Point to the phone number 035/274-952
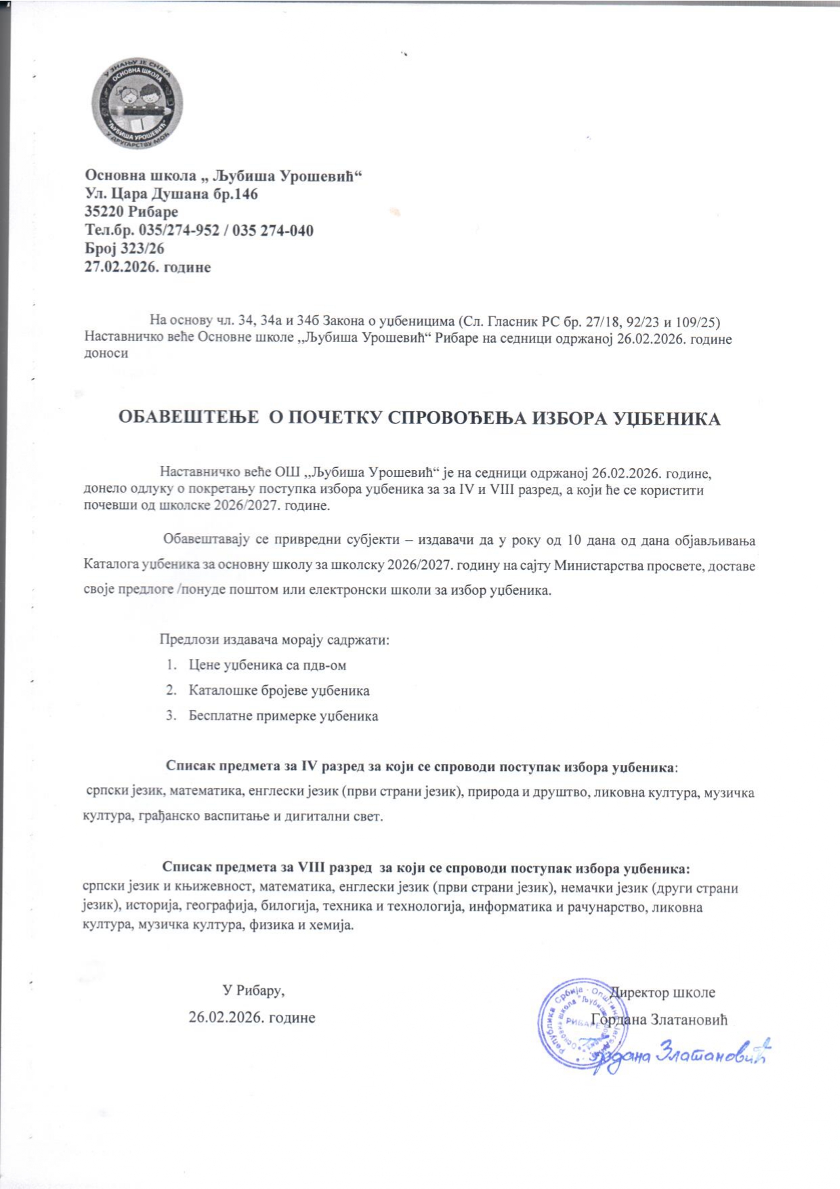tap(179, 230)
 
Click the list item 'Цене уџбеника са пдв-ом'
tap(268, 665)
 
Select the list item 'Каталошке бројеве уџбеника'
tap(279, 691)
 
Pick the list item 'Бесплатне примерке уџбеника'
tap(283, 716)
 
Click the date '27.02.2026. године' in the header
tap(147, 267)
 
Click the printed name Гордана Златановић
tap(660, 1019)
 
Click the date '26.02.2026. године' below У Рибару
tap(252, 1018)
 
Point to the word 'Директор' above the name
tap(640, 993)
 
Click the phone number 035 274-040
tap(273, 230)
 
